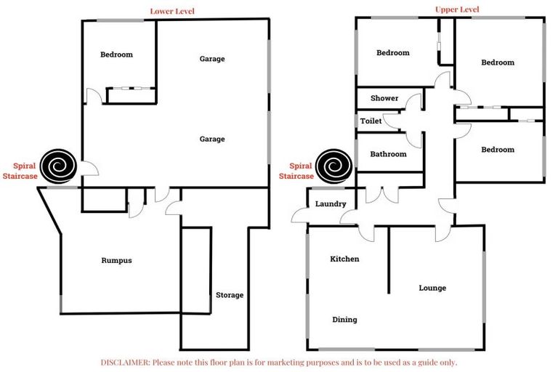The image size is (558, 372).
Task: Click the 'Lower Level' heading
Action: click(172, 11)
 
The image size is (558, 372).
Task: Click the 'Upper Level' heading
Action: click(457, 9)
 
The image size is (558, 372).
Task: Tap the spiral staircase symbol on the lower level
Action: click(58, 166)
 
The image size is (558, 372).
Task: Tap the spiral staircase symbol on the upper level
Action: click(334, 166)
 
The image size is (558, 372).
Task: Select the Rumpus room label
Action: click(116, 260)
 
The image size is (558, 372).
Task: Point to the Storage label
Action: click(230, 295)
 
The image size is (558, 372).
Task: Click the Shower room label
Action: click(384, 98)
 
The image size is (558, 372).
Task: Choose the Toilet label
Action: click(371, 121)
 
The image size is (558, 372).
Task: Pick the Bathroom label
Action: click(388, 154)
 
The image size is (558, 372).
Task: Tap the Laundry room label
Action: click(331, 203)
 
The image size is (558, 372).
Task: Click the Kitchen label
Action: click(344, 259)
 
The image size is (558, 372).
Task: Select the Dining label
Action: click(344, 319)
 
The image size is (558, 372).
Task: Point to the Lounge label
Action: click(432, 288)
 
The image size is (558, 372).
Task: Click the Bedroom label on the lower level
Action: click(116, 54)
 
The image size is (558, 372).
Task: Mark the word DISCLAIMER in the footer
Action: click(125, 363)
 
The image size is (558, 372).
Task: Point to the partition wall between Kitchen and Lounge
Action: click(389, 260)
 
